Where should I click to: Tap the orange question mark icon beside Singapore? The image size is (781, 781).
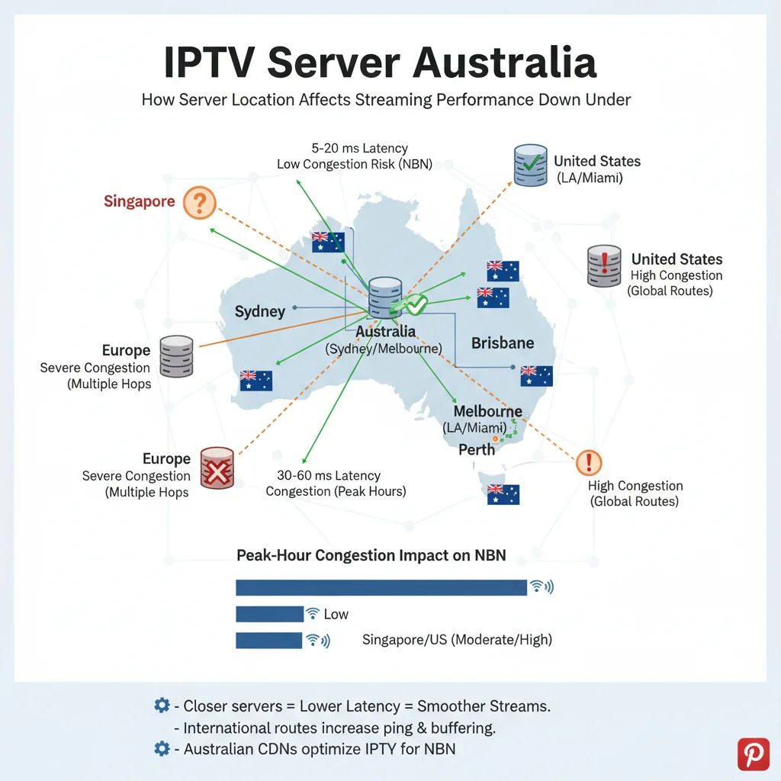tap(200, 203)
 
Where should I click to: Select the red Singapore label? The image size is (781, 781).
tap(139, 202)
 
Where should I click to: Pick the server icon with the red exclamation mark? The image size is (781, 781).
tap(603, 266)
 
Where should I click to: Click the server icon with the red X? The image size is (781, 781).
tap(217, 468)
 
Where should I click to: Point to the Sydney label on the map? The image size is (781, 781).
tap(260, 311)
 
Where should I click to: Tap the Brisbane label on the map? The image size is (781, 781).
tap(503, 343)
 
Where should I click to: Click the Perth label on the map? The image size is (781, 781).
tap(477, 449)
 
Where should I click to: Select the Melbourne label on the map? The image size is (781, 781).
tap(487, 412)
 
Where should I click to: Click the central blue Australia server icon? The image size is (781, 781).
tap(384, 298)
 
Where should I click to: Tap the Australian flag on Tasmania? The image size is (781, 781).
tap(503, 494)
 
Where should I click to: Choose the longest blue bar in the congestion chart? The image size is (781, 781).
tap(381, 587)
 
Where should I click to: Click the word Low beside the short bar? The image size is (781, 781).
tap(336, 614)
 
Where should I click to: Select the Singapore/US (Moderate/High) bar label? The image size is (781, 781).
tap(457, 640)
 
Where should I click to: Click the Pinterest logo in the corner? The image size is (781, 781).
tap(754, 754)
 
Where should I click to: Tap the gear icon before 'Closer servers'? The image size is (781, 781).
tap(162, 705)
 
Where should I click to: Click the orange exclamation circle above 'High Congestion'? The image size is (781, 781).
tap(590, 461)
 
